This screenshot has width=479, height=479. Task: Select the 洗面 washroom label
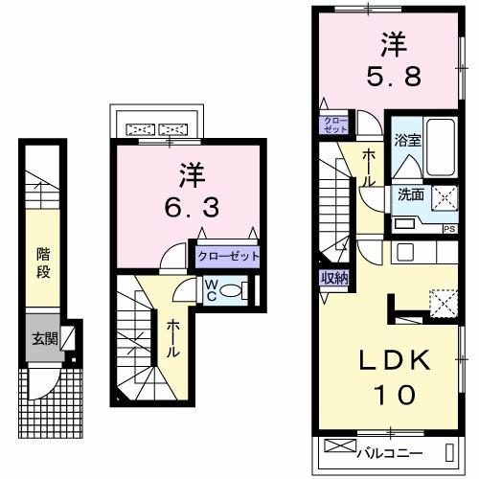tap(410, 194)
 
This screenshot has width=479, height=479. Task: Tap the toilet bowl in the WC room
tap(239, 290)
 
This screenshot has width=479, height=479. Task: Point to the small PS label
tap(447, 228)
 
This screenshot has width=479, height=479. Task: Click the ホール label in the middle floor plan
tap(173, 338)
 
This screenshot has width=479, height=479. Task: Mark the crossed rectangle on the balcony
tap(339, 445)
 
